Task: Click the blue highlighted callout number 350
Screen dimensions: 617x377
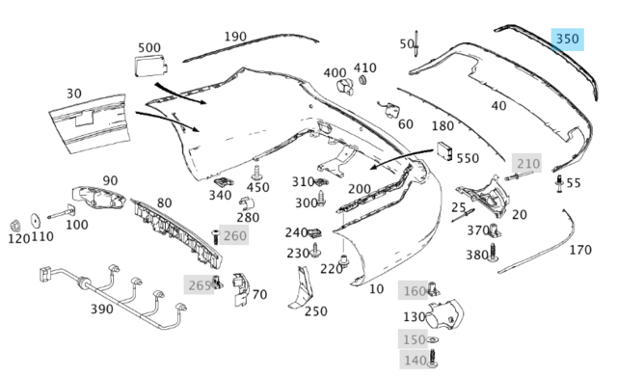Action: (x=567, y=40)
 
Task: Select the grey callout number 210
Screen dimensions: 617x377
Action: (x=528, y=163)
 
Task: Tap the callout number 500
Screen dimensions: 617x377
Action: (x=149, y=48)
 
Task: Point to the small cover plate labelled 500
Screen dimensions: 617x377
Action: (x=151, y=67)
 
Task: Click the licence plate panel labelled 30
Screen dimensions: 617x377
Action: (x=90, y=123)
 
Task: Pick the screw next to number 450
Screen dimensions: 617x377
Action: (x=256, y=173)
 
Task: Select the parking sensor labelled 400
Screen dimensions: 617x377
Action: (x=345, y=88)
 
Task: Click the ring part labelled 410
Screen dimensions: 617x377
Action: (x=362, y=80)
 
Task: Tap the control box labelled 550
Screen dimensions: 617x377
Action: (x=444, y=151)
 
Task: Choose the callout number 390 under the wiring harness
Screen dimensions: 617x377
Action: (x=102, y=310)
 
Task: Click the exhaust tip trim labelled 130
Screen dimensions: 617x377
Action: (x=445, y=315)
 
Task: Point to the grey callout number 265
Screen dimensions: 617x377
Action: (x=200, y=285)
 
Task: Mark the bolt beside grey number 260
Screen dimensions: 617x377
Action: (x=215, y=236)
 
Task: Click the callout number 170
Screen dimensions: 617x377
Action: (x=580, y=250)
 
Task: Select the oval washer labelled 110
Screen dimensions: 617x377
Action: (x=36, y=221)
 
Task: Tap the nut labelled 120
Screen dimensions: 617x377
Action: (x=15, y=226)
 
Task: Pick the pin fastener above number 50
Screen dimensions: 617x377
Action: (x=416, y=43)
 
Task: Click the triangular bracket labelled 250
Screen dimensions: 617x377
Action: (x=301, y=288)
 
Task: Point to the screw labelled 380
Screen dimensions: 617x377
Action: (x=493, y=253)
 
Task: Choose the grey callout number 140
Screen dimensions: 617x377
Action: (x=416, y=360)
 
